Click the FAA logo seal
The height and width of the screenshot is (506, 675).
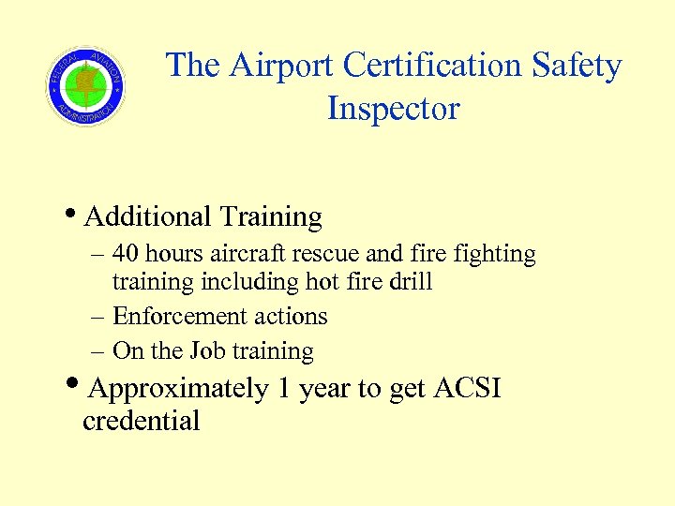(x=85, y=87)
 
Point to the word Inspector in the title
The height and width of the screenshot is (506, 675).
(x=393, y=109)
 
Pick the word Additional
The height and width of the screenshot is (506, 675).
(x=147, y=216)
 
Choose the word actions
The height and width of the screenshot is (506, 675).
(x=293, y=317)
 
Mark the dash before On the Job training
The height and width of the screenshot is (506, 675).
(x=97, y=352)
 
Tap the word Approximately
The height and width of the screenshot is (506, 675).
(x=179, y=389)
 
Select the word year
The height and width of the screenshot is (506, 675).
(x=326, y=389)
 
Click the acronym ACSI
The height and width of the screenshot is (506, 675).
(x=468, y=388)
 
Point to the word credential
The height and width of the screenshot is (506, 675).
(x=141, y=421)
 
